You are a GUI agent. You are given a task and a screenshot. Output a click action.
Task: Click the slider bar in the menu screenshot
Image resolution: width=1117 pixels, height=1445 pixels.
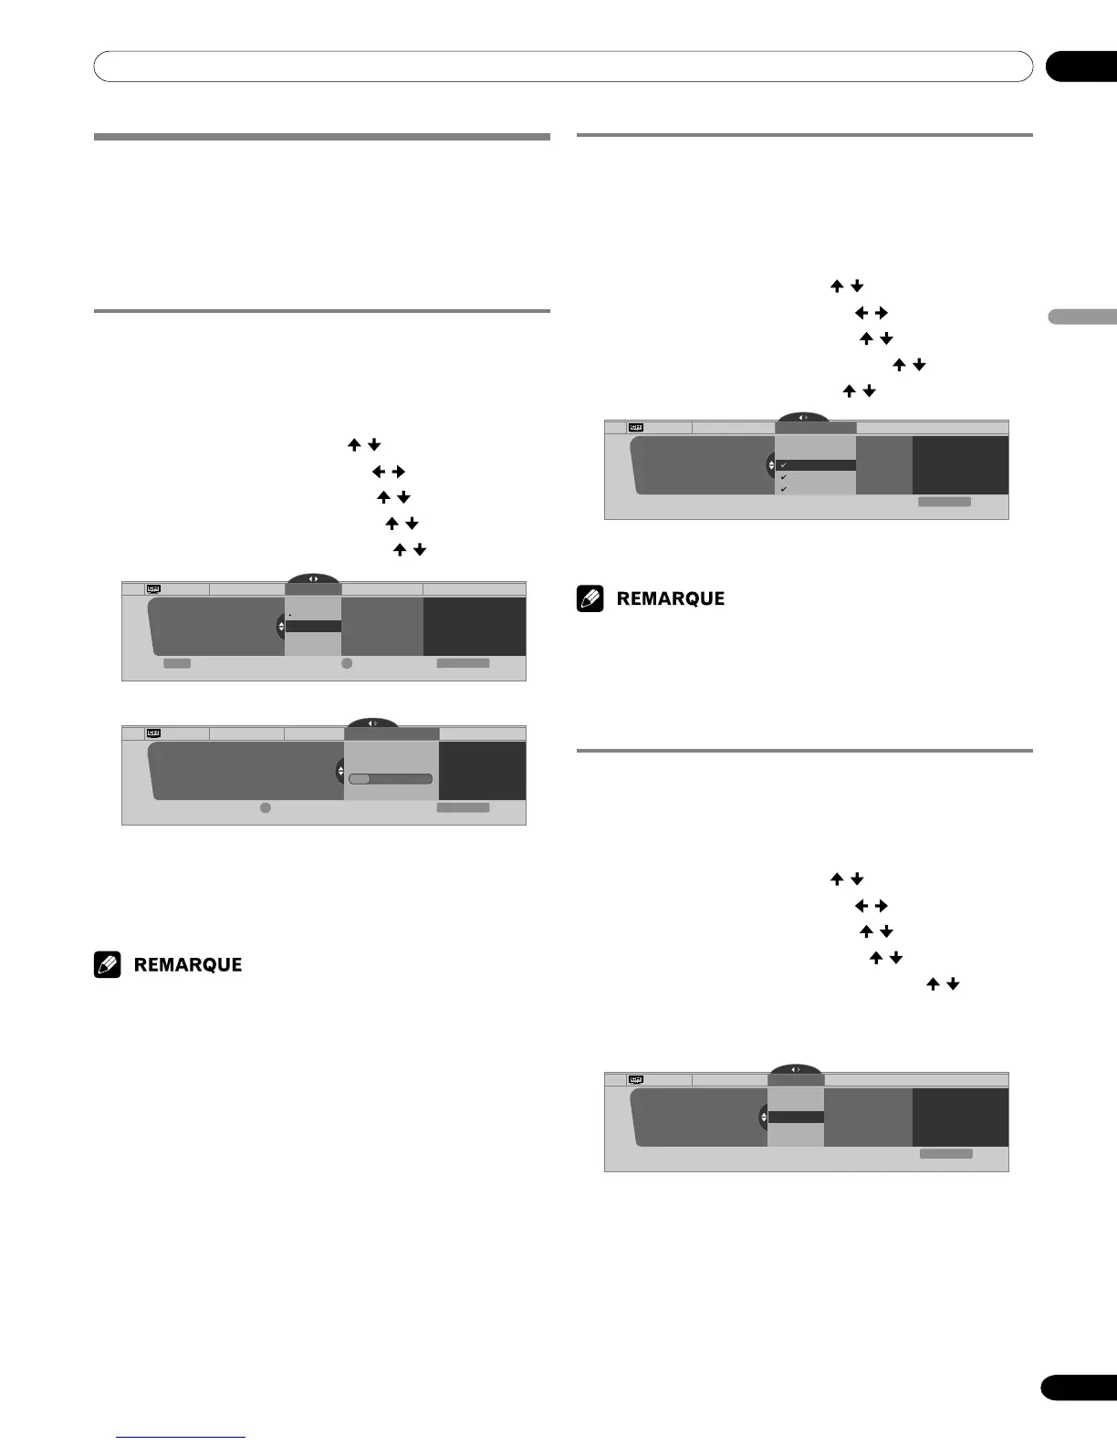pyautogui.click(x=390, y=779)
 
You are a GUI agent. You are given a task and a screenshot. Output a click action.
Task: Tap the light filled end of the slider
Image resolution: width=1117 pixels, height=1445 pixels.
pyautogui.click(x=359, y=779)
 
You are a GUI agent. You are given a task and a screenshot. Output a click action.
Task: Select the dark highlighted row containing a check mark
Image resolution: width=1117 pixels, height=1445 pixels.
pyautogui.click(x=815, y=465)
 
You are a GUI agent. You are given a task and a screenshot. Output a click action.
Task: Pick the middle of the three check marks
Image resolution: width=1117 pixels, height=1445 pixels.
pyautogui.click(x=783, y=477)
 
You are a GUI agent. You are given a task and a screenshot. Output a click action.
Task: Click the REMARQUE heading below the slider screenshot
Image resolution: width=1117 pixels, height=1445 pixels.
pyautogui.click(x=188, y=965)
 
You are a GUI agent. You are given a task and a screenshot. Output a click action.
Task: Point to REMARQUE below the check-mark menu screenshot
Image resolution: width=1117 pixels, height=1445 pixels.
pyautogui.click(x=671, y=598)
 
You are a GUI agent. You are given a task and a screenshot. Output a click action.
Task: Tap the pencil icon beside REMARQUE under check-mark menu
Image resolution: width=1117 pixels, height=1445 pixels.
pyautogui.click(x=590, y=598)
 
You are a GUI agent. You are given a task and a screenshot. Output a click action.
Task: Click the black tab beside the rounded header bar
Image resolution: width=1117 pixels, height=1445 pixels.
pyautogui.click(x=1080, y=68)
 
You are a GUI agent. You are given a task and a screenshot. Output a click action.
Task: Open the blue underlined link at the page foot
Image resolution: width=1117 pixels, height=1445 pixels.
pyautogui.click(x=181, y=1437)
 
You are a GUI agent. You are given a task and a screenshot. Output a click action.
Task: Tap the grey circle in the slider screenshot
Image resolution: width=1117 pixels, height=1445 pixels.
pyautogui.click(x=265, y=808)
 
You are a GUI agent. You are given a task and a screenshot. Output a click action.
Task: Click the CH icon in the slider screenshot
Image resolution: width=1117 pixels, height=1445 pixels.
pyautogui.click(x=153, y=733)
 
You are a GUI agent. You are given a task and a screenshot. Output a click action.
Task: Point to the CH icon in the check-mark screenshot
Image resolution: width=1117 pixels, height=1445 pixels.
pyautogui.click(x=635, y=427)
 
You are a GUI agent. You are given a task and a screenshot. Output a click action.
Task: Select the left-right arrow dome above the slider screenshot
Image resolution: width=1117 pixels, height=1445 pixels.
pyautogui.click(x=371, y=723)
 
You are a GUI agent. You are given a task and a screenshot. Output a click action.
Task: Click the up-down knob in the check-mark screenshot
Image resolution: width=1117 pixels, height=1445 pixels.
pyautogui.click(x=771, y=466)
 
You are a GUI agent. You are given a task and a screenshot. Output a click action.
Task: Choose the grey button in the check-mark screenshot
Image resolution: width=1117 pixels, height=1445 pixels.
pyautogui.click(x=944, y=502)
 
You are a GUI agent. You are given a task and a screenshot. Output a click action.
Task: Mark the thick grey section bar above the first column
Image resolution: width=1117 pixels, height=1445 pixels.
pyautogui.click(x=321, y=137)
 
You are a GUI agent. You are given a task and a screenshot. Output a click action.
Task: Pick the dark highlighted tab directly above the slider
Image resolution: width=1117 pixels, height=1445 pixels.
pyautogui.click(x=391, y=733)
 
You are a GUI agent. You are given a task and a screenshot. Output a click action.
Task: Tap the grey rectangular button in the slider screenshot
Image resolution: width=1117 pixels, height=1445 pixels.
pyautogui.click(x=462, y=807)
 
